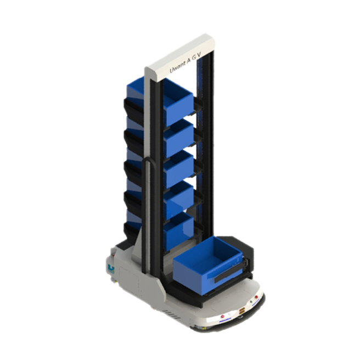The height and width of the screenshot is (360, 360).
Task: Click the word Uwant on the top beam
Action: point(177,67)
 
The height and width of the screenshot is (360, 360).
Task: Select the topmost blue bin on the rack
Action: point(178,102)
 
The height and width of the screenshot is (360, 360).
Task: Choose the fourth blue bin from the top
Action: point(178,199)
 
